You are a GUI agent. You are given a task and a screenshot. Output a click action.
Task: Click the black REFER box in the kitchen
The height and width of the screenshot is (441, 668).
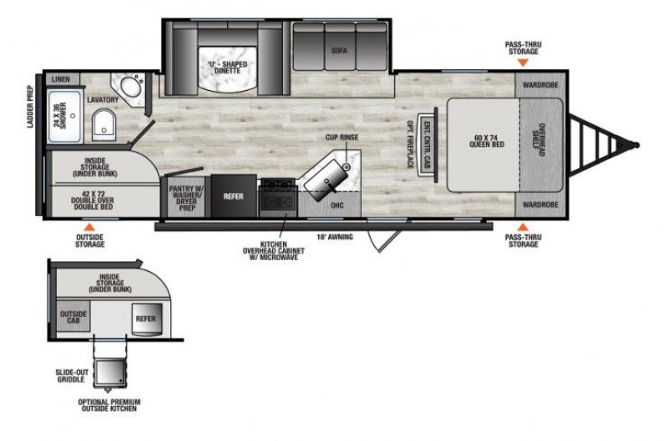[232, 197]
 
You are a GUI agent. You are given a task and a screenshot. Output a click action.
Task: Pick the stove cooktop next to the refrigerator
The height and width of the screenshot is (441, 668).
[276, 198]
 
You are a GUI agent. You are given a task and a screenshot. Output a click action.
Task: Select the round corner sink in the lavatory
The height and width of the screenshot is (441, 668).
[130, 87]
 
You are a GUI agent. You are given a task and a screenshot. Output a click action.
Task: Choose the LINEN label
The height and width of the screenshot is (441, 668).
[61, 79]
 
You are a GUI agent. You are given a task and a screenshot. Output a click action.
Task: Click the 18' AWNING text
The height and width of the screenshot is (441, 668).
[336, 237]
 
